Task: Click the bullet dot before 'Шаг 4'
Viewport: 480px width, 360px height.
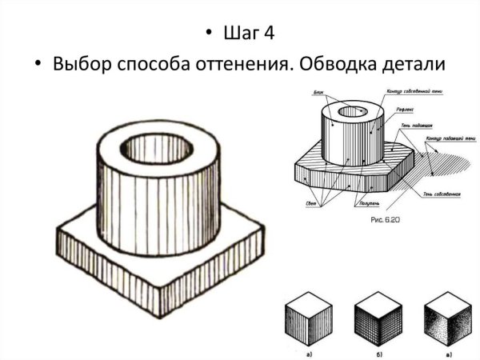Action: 210,34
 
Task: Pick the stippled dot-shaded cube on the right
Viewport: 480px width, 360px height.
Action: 446,321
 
